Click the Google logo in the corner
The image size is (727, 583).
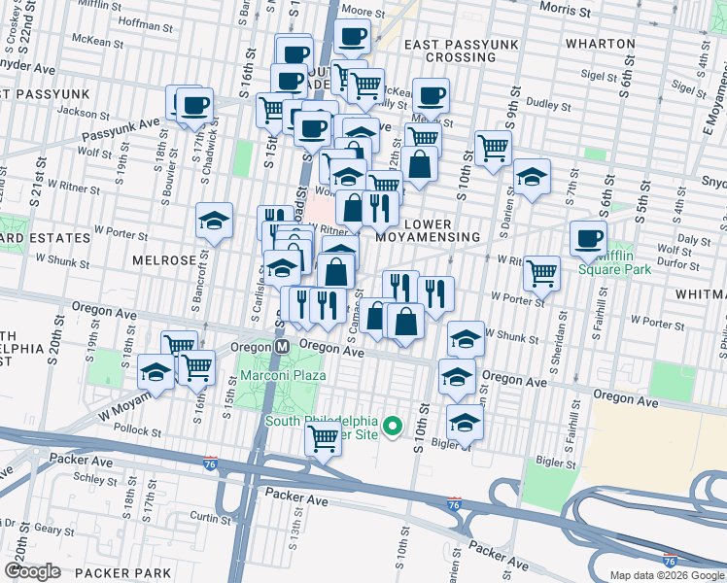click(x=32, y=571)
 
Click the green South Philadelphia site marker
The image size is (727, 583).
click(x=393, y=426)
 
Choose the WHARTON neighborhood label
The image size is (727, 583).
click(x=603, y=45)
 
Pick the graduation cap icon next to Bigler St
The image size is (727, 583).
click(x=466, y=422)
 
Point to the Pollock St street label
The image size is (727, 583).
click(x=136, y=429)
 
